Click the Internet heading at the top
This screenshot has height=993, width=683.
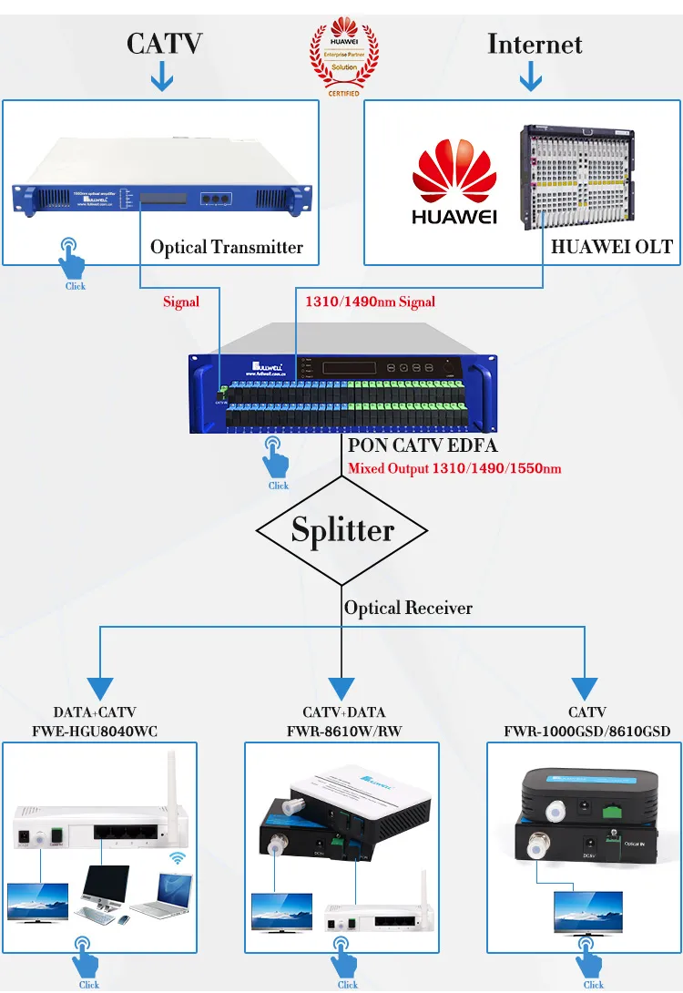(535, 44)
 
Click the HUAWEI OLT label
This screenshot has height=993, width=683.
(611, 246)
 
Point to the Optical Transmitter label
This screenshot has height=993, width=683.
(226, 247)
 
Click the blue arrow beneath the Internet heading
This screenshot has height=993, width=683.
(531, 78)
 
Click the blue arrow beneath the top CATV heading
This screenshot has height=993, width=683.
(162, 78)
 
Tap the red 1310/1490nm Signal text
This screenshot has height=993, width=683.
(370, 302)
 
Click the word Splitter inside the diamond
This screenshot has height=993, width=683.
(342, 530)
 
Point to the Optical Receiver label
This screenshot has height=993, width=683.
(408, 608)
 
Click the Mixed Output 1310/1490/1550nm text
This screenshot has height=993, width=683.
(454, 469)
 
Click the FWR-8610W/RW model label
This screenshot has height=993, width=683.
(343, 731)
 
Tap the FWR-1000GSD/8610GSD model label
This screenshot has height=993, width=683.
(586, 731)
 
